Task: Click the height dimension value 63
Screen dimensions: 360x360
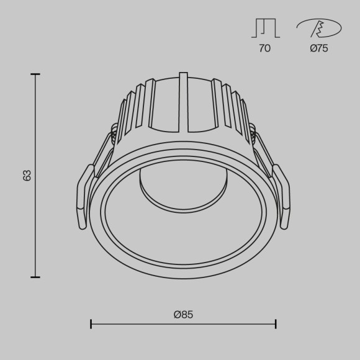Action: pyautogui.click(x=27, y=176)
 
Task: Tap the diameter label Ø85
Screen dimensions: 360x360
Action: pyautogui.click(x=184, y=315)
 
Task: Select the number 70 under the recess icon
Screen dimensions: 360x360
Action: pyautogui.click(x=264, y=48)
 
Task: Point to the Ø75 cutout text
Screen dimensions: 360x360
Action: pyautogui.click(x=319, y=48)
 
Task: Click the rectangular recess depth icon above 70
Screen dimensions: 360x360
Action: pyautogui.click(x=264, y=29)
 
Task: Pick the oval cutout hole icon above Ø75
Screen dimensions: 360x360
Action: pyautogui.click(x=318, y=29)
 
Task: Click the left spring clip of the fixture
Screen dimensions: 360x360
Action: pyautogui.click(x=85, y=196)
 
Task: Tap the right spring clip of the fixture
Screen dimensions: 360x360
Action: pyautogui.click(x=281, y=196)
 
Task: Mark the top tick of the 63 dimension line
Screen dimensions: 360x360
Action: pyautogui.click(x=35, y=74)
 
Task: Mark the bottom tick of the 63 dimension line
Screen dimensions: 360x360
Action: pyautogui.click(x=35, y=277)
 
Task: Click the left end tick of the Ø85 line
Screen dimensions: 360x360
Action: pyautogui.click(x=91, y=323)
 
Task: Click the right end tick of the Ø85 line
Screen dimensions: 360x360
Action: pyautogui.click(x=276, y=323)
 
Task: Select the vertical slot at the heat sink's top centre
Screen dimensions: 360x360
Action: pyautogui.click(x=183, y=102)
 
